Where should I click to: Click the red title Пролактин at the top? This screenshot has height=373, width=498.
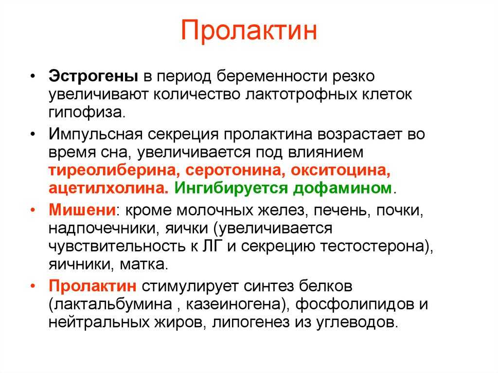point(249,31)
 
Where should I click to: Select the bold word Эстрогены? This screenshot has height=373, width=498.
point(93,76)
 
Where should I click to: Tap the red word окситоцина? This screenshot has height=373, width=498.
point(340,171)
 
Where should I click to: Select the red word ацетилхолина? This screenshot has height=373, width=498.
point(108,188)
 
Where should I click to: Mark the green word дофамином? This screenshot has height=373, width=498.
point(342,188)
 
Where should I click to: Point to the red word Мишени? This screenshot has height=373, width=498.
point(82,210)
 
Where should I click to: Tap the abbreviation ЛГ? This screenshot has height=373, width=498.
point(211,246)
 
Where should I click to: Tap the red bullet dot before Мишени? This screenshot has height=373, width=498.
point(33,211)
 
